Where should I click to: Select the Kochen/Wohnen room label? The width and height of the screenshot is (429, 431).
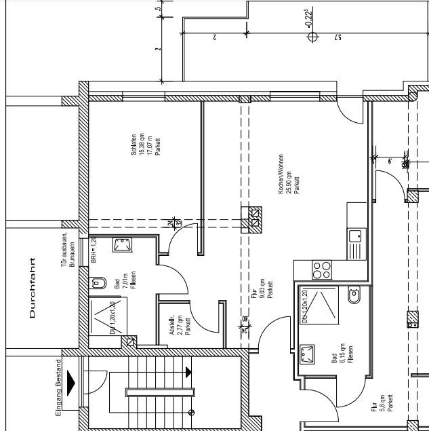click(287, 174)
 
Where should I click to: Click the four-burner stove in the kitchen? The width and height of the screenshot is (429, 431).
click(321, 270)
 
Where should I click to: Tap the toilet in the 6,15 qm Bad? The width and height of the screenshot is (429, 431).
click(354, 296)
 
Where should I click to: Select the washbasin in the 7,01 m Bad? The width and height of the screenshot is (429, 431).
click(123, 245)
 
